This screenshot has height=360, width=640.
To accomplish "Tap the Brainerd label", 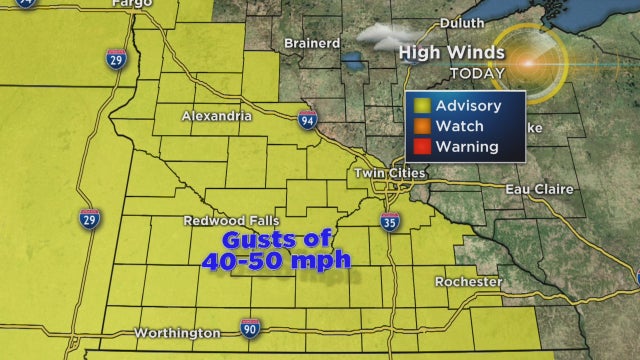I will [311, 43].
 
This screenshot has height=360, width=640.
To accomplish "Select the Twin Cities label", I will [390, 173].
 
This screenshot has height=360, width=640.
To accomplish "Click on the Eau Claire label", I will [511, 188].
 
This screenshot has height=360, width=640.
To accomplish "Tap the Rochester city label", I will [468, 282].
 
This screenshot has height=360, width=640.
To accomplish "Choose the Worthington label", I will [177, 332].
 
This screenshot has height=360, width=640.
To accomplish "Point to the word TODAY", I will [450, 73].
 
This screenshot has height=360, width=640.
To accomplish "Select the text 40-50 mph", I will [276, 261].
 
